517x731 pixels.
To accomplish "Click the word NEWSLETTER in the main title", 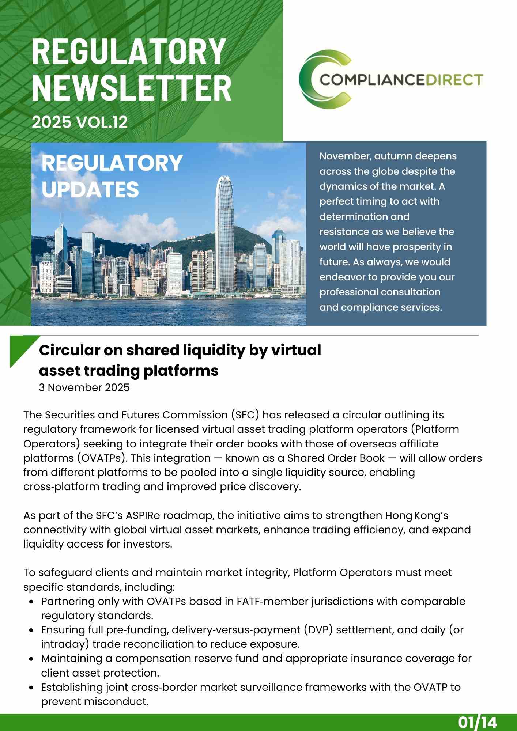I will pyautogui.click(x=132, y=88).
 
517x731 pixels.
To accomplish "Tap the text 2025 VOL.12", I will pyautogui.click(x=80, y=122).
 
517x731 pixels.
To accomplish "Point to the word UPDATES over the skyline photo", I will pyautogui.click(x=90, y=189).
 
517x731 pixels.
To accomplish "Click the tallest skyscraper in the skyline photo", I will pyautogui.click(x=224, y=234).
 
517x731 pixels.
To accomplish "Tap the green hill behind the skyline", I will pyautogui.click(x=249, y=238).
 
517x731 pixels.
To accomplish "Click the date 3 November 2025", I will pyautogui.click(x=84, y=387).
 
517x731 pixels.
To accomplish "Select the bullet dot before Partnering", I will pyautogui.click(x=32, y=602).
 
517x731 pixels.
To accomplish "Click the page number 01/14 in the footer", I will pyautogui.click(x=477, y=722).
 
